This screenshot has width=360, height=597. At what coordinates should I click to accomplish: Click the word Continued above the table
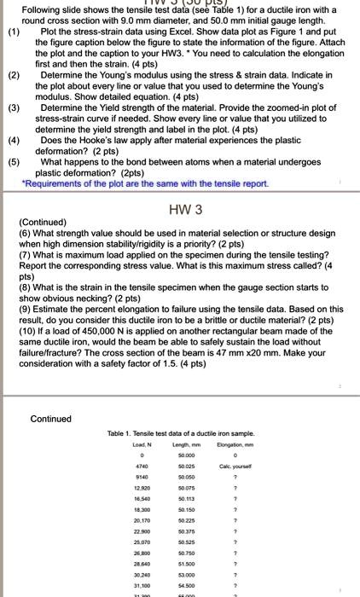click(x=51, y=419)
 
